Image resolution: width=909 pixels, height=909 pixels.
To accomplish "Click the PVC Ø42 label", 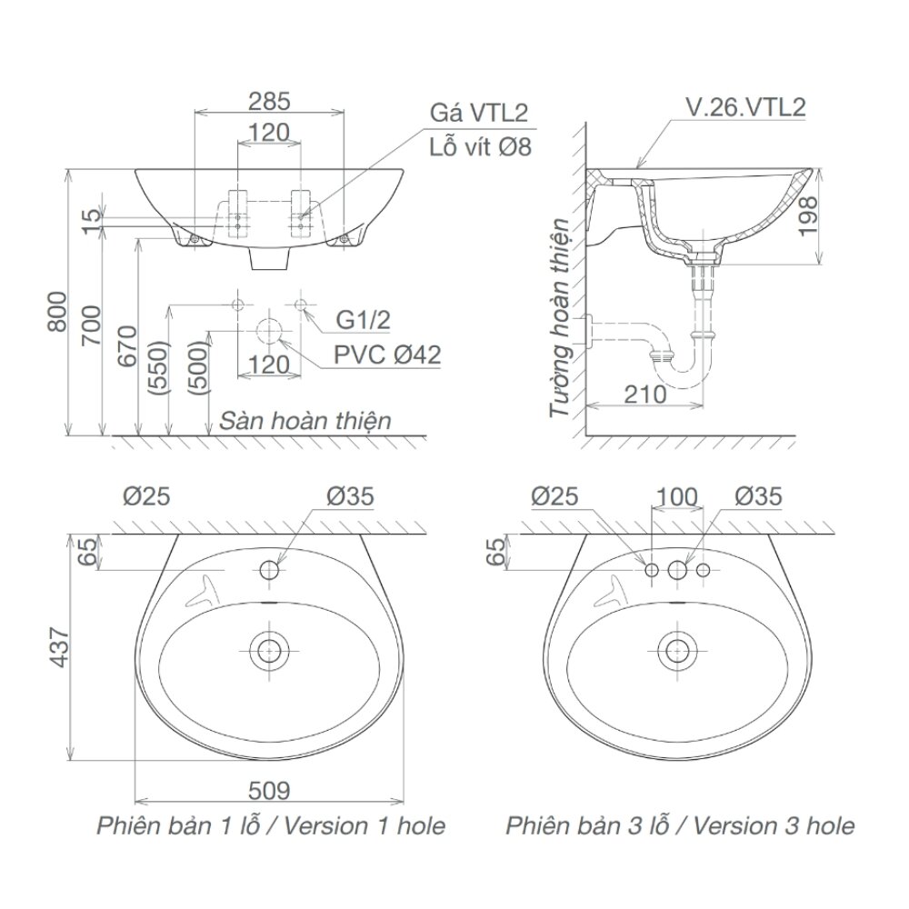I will pyautogui.click(x=387, y=354).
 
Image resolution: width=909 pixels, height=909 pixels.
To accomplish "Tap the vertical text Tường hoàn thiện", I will pyautogui.click(x=563, y=318).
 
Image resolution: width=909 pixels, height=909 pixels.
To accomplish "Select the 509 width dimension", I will pyautogui.click(x=270, y=792).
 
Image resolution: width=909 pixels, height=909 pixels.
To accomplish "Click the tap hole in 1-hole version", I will pyautogui.click(x=270, y=570).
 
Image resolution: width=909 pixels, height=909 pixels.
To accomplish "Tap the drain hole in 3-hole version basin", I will pyautogui.click(x=676, y=650).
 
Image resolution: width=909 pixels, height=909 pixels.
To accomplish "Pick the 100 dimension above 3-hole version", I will pyautogui.click(x=676, y=496).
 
